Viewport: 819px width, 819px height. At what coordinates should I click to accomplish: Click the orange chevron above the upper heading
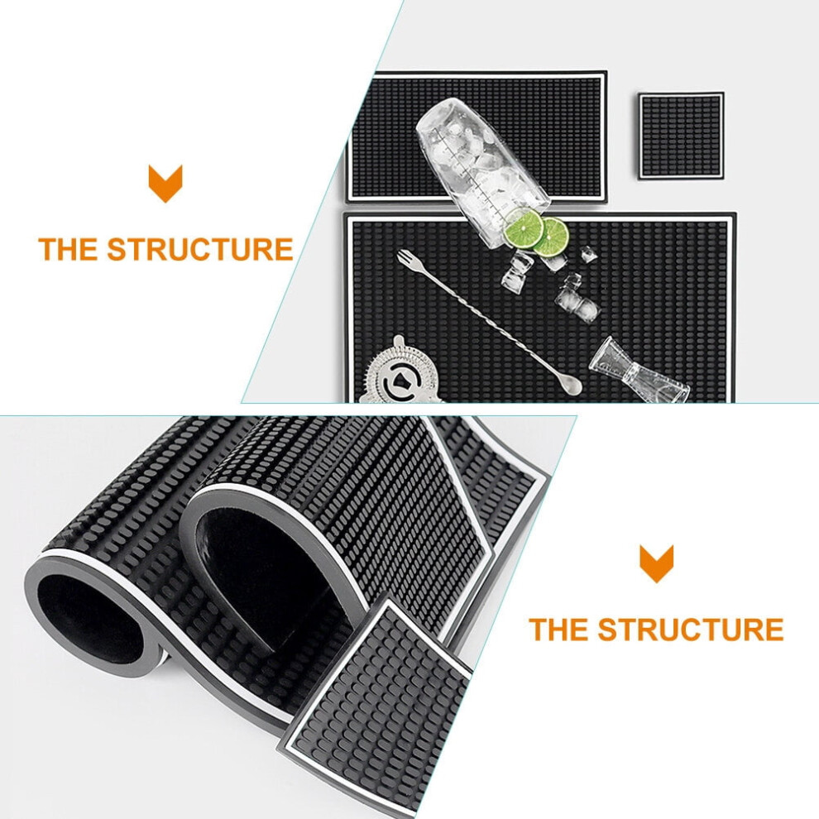(x=165, y=184)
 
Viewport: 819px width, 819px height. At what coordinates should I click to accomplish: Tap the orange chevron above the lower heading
(x=657, y=564)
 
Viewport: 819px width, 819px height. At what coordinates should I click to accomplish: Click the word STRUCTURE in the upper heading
(x=200, y=249)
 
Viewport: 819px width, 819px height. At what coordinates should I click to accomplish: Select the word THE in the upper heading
(x=68, y=249)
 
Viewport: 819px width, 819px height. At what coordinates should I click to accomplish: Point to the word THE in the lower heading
(x=559, y=629)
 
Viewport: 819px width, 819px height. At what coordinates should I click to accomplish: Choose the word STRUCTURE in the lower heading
(x=691, y=629)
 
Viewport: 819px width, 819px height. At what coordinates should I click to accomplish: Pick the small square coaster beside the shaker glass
(x=681, y=136)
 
